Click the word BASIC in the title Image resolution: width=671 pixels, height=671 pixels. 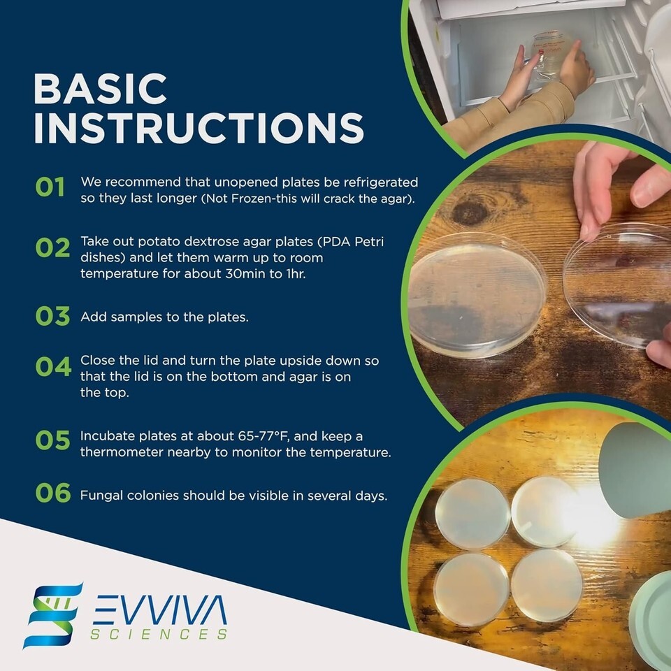pyautogui.click(x=100, y=89)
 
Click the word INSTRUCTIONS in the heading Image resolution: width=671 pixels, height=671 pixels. pyautogui.click(x=199, y=128)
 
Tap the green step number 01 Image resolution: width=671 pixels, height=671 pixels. pyautogui.click(x=50, y=187)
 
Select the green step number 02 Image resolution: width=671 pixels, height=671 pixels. pyautogui.click(x=52, y=247)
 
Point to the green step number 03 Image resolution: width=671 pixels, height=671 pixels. pyautogui.click(x=52, y=316)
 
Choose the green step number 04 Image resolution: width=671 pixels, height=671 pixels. pyautogui.click(x=54, y=367)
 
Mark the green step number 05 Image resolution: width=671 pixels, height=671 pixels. pyautogui.click(x=52, y=440)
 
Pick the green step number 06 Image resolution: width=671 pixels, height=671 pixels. pyautogui.click(x=53, y=492)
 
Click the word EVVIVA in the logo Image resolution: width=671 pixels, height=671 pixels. pyautogui.click(x=159, y=609)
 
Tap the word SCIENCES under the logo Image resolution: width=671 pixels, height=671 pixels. pyautogui.click(x=159, y=634)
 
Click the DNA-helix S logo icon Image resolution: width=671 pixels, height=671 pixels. pyautogui.click(x=53, y=616)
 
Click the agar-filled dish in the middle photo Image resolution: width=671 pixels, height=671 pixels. pyautogui.click(x=476, y=294)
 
